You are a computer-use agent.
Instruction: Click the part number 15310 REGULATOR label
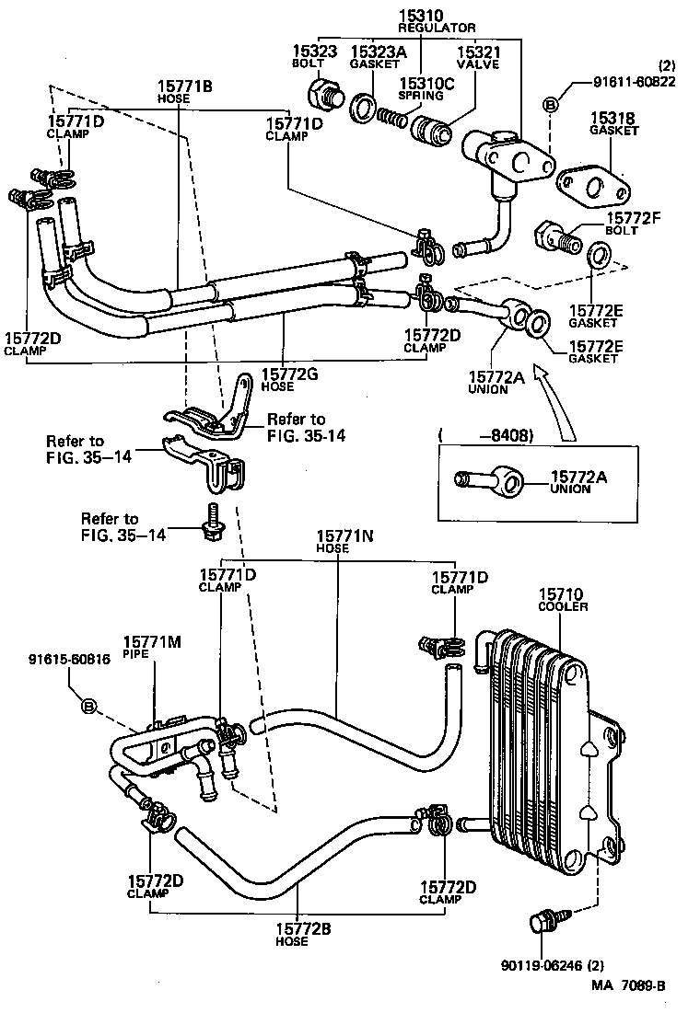tap(424, 21)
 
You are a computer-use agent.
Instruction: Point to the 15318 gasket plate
tap(594, 185)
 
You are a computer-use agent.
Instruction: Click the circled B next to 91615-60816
tap(89, 707)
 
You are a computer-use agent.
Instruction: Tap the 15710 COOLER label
tap(563, 601)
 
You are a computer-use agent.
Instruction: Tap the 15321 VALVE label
tap(478, 57)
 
